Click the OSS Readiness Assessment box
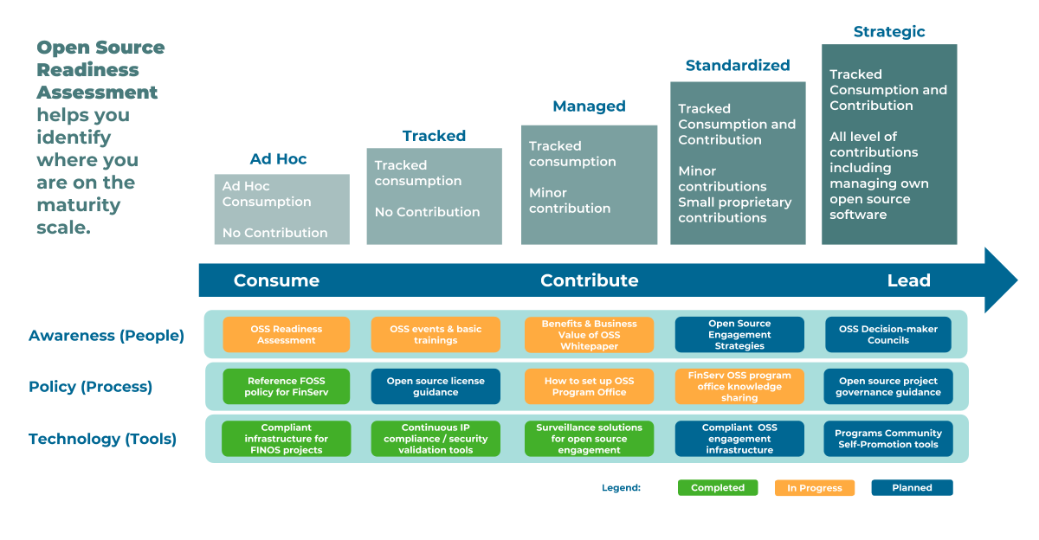tap(287, 335)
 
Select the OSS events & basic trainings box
tap(436, 335)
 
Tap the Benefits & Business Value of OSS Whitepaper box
tap(589, 335)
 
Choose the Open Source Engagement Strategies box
tap(739, 335)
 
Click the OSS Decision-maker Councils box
tap(888, 335)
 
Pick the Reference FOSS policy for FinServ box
tap(287, 387)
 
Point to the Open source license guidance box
tap(436, 387)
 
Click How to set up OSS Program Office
tap(589, 387)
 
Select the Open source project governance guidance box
tap(888, 387)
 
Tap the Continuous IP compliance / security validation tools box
tap(436, 439)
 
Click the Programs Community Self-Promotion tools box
tap(888, 439)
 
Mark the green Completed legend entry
tap(718, 488)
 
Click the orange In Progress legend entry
tap(815, 488)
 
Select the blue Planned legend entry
tap(912, 488)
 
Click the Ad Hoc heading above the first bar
tap(278, 159)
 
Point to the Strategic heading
tap(889, 32)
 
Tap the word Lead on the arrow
tap(908, 280)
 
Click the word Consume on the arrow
tap(276, 280)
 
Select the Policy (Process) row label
tap(90, 387)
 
